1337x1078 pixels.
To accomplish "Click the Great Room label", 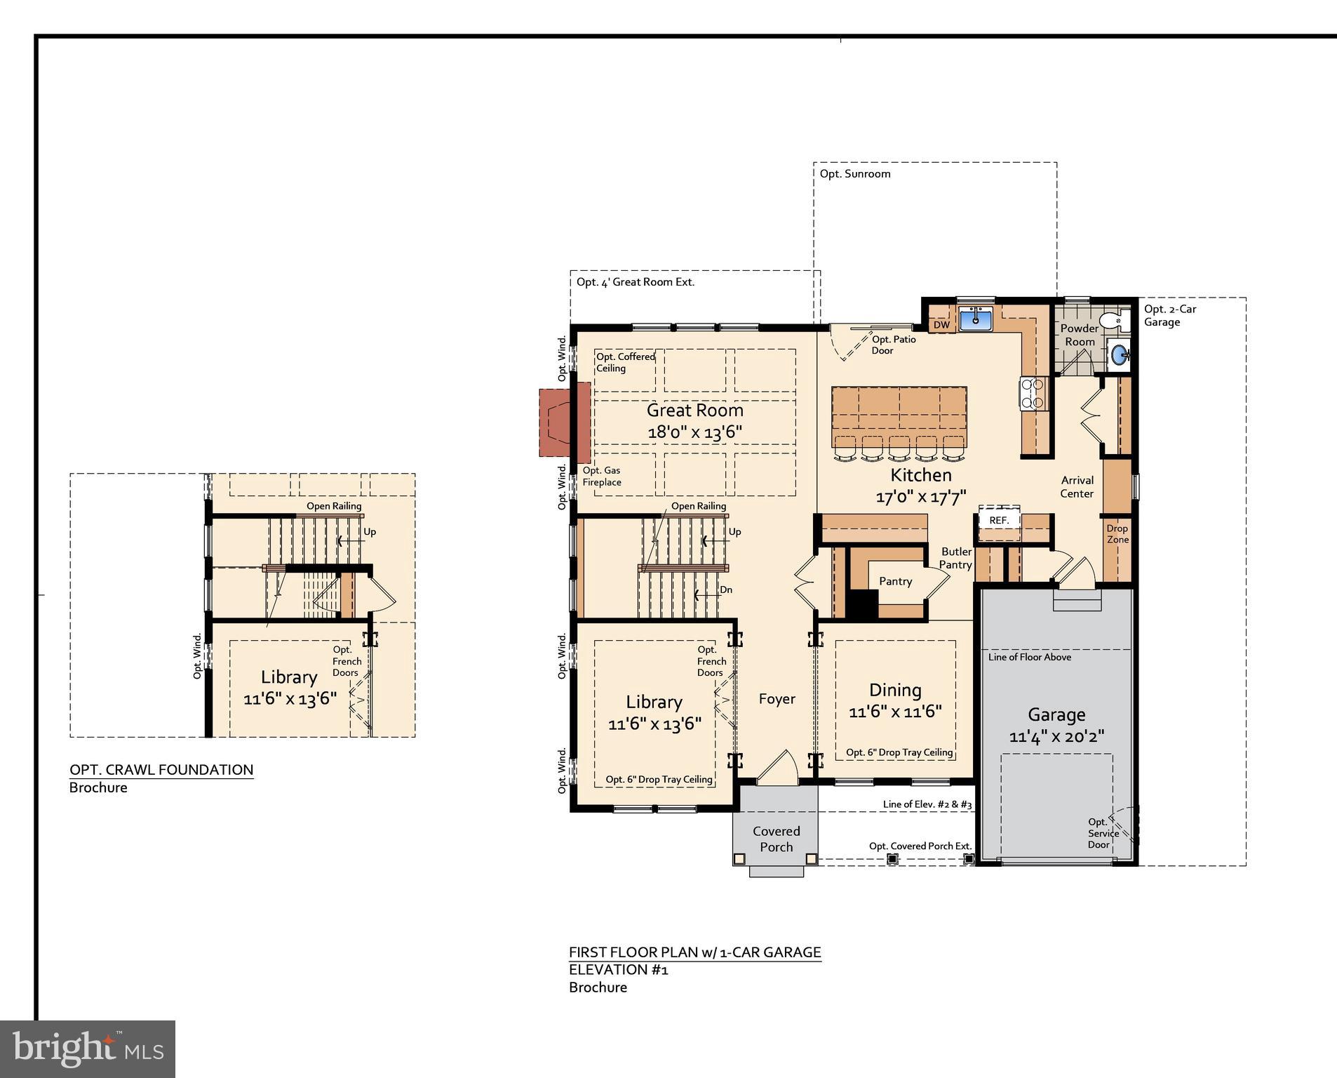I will pos(694,411).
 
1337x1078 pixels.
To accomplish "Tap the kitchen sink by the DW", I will pos(975,319).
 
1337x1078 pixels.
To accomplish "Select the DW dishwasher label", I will pos(941,325).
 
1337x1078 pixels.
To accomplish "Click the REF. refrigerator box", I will pos(999,520).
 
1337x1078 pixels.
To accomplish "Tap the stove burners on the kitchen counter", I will pos(1033,393).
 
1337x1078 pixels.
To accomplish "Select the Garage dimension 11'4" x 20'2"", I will pos(1056,737).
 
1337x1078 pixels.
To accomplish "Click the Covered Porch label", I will pos(776,839).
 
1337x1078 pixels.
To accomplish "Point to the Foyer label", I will pos(777,699).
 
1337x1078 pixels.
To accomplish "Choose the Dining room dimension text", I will pos(895,712).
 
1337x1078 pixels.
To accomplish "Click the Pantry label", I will pos(895,581).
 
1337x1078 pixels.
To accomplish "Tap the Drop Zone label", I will pos(1117,534).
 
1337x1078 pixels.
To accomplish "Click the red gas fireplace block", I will pos(556,422).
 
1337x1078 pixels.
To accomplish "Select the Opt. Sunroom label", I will pos(855,174).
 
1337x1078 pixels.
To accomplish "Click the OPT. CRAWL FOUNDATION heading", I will pos(161,770).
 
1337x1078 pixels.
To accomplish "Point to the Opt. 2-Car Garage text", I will pos(1169,315).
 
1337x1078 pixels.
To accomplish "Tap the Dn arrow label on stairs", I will pos(726,590).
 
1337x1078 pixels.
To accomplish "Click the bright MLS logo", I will pos(88,1049).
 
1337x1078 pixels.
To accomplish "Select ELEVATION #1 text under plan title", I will pos(618,970).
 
